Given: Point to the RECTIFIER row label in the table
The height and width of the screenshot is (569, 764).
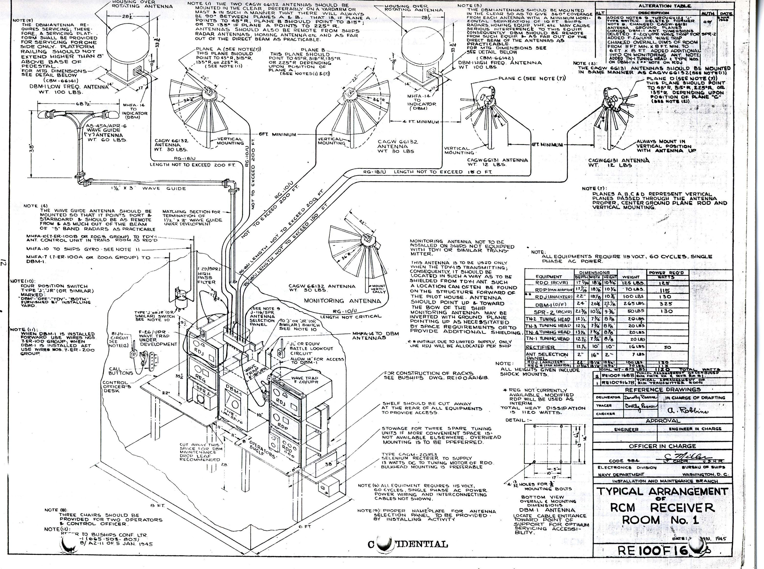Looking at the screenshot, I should tap(540, 347).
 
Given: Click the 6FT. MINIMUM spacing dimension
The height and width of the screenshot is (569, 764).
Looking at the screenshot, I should tap(277, 134).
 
